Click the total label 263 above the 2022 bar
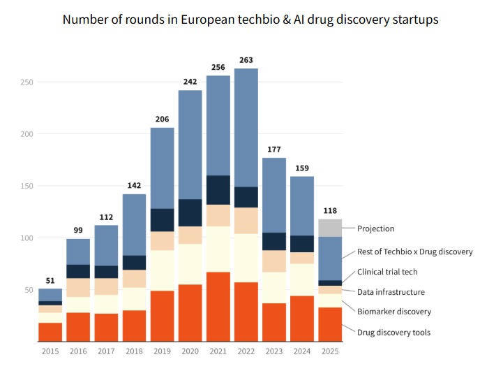[x=246, y=59]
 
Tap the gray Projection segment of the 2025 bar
[x=330, y=228]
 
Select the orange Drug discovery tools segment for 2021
[x=218, y=307]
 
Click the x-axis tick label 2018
[x=134, y=351]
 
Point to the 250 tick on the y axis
[x=27, y=82]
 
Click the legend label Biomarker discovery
[x=394, y=312]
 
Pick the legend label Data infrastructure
[x=391, y=292]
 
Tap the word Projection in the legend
[x=375, y=228]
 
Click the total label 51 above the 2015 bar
[x=50, y=280]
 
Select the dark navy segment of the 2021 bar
[x=218, y=190]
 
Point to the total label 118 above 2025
[x=330, y=210]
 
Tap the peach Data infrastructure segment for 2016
[x=78, y=288]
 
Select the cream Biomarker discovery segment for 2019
[x=162, y=270]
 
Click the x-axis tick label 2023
[x=274, y=351]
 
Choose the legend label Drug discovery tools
[x=393, y=332]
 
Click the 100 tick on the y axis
[x=27, y=238]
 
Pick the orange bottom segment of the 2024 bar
[x=302, y=319]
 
